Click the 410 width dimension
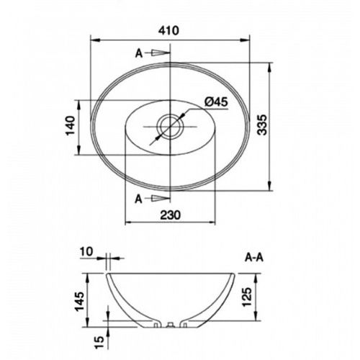click(170, 31)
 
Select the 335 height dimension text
click(261, 125)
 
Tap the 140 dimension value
click(71, 125)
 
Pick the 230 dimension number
click(170, 215)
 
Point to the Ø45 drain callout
click(216, 102)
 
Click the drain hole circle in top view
click(170, 127)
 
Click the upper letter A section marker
click(139, 53)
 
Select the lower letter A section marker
click(138, 199)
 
